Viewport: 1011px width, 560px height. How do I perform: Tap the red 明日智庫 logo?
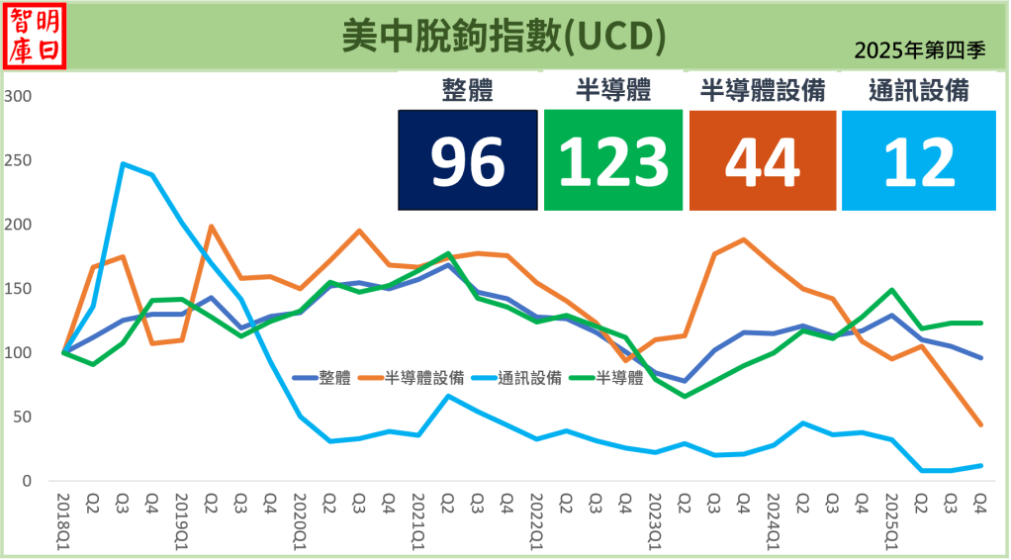click(x=36, y=37)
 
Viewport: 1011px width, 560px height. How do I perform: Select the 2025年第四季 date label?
click(x=919, y=51)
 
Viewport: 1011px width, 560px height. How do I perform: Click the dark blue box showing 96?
click(x=468, y=160)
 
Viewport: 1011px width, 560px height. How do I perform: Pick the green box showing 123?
click(x=613, y=160)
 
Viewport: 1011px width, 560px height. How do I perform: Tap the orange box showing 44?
click(x=762, y=160)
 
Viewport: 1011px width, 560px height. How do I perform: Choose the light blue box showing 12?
click(x=918, y=160)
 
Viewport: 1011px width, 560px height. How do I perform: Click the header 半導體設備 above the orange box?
click(x=762, y=91)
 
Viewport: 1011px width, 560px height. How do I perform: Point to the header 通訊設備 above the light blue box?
click(x=918, y=91)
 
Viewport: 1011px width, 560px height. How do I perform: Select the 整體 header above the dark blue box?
click(x=468, y=91)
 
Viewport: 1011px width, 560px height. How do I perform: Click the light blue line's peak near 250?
click(x=123, y=163)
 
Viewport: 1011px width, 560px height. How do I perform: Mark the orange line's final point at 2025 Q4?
click(x=980, y=425)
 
